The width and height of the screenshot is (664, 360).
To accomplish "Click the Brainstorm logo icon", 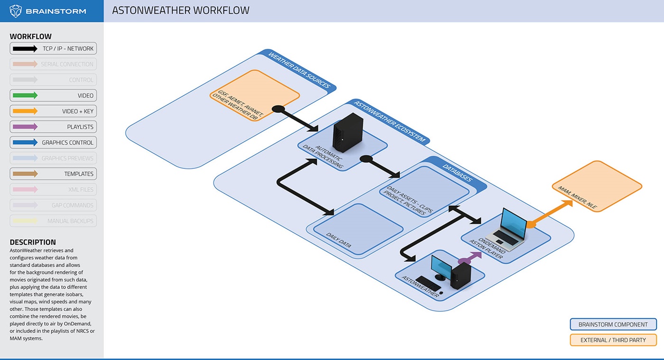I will [16, 11].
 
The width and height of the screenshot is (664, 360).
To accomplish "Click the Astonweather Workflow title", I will [181, 10].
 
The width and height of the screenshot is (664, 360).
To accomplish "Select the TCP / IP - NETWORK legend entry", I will [53, 48].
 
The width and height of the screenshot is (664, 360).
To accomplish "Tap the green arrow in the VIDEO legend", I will [25, 95].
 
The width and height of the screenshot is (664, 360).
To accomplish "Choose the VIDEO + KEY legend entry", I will [53, 111].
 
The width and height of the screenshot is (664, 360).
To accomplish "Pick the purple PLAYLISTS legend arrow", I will [25, 127].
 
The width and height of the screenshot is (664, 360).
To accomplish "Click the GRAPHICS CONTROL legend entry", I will [53, 142].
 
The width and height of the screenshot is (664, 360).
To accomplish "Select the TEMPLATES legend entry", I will [53, 174].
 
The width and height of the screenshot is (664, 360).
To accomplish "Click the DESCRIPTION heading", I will [33, 242].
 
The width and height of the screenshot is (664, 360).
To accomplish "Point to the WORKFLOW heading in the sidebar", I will [31, 37].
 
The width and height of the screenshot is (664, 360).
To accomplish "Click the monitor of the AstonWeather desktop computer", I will [441, 267].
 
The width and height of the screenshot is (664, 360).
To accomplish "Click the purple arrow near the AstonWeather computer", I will [470, 258].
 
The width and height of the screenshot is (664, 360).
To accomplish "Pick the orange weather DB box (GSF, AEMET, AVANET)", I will [255, 95].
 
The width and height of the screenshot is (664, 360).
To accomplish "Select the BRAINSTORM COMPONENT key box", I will [613, 324].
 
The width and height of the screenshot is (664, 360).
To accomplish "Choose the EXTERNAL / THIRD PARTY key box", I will [613, 340].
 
